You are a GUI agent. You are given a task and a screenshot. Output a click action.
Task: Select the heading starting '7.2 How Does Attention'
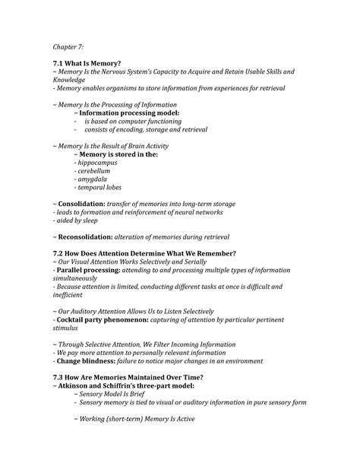(x=144, y=253)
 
